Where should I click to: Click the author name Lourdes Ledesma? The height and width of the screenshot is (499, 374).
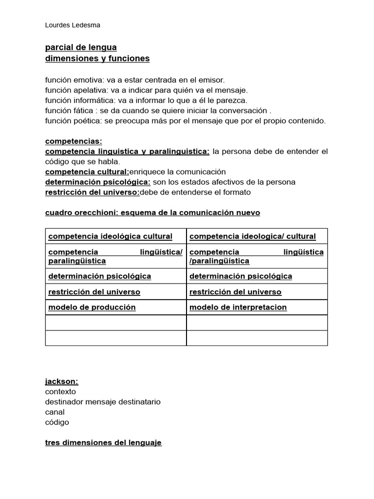pyautogui.click(x=73, y=25)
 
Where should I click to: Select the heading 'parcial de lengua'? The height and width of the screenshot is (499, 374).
pyautogui.click(x=81, y=47)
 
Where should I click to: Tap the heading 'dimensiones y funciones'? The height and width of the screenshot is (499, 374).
pyautogui.click(x=97, y=59)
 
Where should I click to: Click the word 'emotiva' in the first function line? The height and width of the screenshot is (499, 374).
pyautogui.click(x=87, y=79)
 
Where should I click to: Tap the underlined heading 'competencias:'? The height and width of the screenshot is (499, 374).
pyautogui.click(x=74, y=141)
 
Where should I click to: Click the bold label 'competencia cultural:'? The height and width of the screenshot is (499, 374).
pyautogui.click(x=87, y=172)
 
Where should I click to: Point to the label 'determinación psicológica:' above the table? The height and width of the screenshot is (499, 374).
pyautogui.click(x=98, y=182)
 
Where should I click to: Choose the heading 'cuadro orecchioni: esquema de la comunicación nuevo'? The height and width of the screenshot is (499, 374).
pyautogui.click(x=152, y=212)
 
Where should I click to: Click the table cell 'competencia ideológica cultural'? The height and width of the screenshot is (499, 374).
pyautogui.click(x=111, y=236)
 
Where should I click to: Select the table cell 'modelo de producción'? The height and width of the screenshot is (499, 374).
pyautogui.click(x=92, y=307)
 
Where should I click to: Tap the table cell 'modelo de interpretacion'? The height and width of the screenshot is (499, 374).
pyautogui.click(x=238, y=307)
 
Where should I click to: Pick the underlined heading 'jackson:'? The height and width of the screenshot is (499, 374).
pyautogui.click(x=62, y=382)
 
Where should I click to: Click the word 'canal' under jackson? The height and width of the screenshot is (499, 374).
pyautogui.click(x=55, y=412)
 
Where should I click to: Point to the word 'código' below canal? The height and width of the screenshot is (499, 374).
pyautogui.click(x=57, y=422)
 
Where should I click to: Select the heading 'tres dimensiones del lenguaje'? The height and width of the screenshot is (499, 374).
pyautogui.click(x=103, y=442)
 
